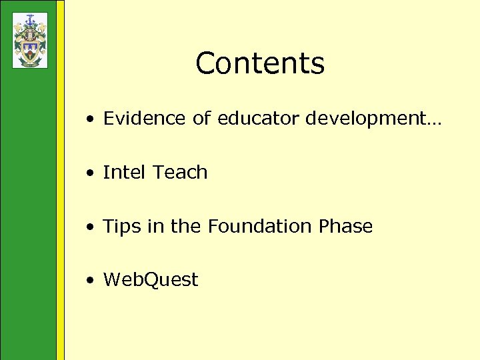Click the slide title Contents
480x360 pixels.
(260, 64)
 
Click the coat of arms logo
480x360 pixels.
(30, 40)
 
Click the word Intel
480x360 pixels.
(124, 173)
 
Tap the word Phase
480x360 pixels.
(345, 227)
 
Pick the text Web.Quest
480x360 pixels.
(151, 280)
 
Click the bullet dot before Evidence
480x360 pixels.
(89, 120)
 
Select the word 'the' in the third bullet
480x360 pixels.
(185, 227)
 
